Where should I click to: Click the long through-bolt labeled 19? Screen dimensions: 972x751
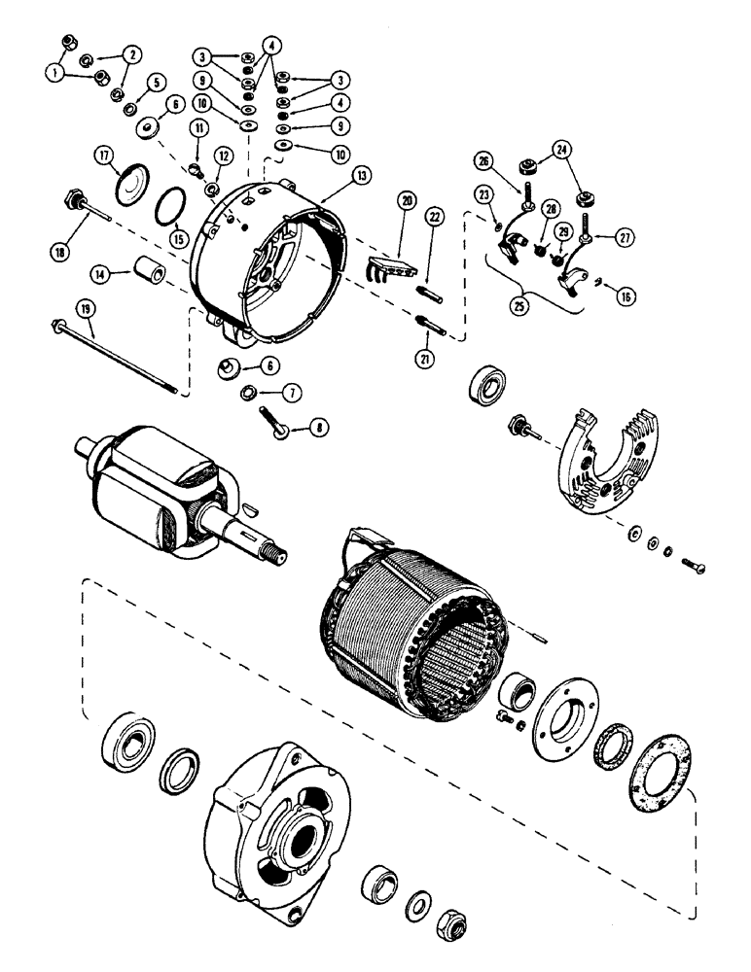(117, 358)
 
